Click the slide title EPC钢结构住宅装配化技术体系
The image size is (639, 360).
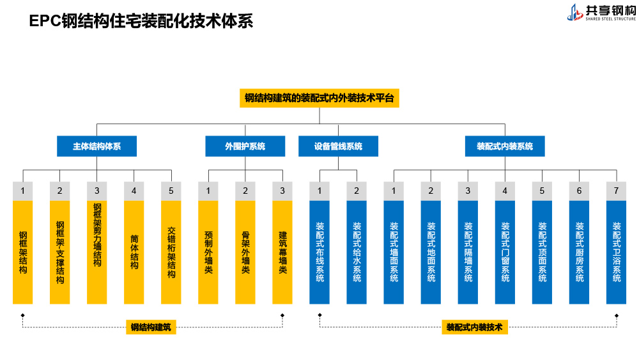click(x=141, y=21)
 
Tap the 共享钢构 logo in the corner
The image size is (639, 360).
click(x=601, y=12)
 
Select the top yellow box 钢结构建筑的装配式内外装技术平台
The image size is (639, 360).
click(x=319, y=98)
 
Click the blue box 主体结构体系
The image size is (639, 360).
click(x=96, y=146)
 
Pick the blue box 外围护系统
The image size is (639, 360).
click(x=245, y=146)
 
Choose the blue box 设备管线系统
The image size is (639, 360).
click(x=338, y=146)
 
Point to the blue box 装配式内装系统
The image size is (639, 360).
click(x=505, y=146)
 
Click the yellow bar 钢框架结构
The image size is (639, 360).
click(x=23, y=253)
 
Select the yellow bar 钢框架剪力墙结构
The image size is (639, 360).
click(x=97, y=253)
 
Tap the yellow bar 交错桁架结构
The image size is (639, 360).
click(x=171, y=253)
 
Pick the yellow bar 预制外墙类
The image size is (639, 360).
click(x=208, y=253)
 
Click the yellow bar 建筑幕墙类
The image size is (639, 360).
click(x=282, y=253)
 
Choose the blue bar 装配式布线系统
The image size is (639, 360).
click(x=319, y=253)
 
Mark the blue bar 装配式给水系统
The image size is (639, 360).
click(x=357, y=253)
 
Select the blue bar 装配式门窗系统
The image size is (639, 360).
click(x=505, y=253)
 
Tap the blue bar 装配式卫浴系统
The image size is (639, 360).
click(x=616, y=253)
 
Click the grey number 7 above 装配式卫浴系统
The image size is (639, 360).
click(x=616, y=191)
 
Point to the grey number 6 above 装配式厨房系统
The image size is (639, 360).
click(x=579, y=191)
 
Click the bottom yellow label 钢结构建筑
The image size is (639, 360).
click(x=151, y=327)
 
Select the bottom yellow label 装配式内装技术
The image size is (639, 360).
click(x=475, y=327)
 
